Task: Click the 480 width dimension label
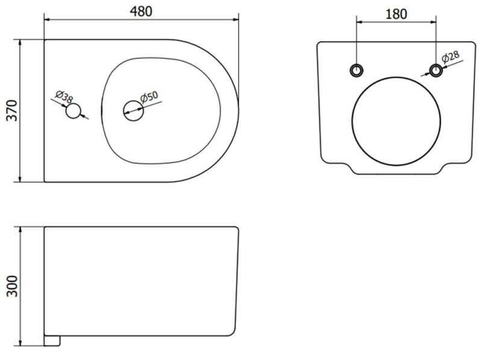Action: [x=141, y=11]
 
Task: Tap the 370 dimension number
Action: [x=13, y=110]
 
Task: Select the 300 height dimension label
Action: [x=13, y=287]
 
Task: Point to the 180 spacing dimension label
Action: [x=396, y=14]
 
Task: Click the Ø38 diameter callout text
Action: [x=64, y=96]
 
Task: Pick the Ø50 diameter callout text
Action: [x=149, y=97]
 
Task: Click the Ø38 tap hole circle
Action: [x=73, y=111]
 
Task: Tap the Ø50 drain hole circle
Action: [x=133, y=111]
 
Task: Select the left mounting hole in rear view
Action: [x=357, y=70]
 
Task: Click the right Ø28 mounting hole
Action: [x=436, y=70]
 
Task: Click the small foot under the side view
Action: [x=52, y=341]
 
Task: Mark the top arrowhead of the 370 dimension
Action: [x=20, y=42]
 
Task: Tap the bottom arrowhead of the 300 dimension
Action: [x=20, y=343]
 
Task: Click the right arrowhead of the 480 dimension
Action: [x=236, y=20]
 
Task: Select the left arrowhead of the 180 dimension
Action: [x=360, y=22]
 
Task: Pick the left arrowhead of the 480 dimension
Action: [x=48, y=20]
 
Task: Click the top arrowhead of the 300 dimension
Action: [x=20, y=230]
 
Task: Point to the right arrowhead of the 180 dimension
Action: [x=433, y=22]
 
